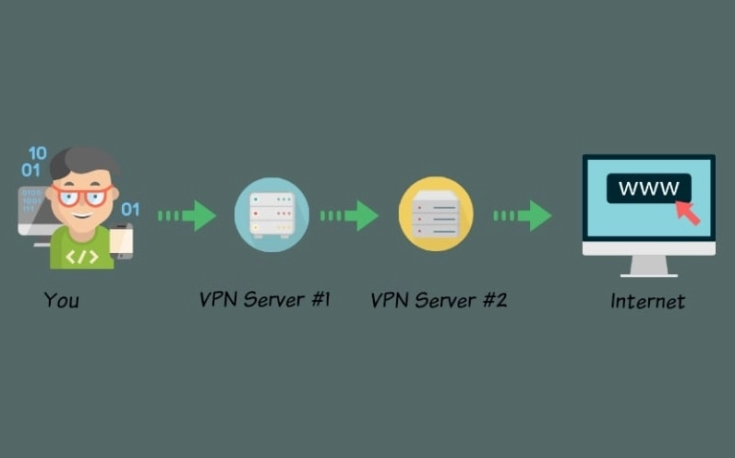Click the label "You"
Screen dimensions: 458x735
(61, 300)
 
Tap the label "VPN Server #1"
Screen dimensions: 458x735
(265, 299)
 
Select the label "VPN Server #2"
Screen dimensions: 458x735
(439, 300)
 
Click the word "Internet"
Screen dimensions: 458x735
(648, 301)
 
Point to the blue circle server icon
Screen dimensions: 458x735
(271, 214)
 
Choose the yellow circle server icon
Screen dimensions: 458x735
(436, 214)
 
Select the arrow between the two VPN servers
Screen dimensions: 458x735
(350, 215)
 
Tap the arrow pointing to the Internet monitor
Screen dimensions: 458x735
(523, 215)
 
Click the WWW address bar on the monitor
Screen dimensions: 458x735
(648, 189)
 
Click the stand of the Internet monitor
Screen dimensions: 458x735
(648, 266)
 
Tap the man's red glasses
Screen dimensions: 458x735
(81, 195)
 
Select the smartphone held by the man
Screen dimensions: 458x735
(122, 241)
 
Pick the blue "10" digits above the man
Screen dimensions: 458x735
(37, 153)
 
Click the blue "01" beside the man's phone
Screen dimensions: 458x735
(130, 209)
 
